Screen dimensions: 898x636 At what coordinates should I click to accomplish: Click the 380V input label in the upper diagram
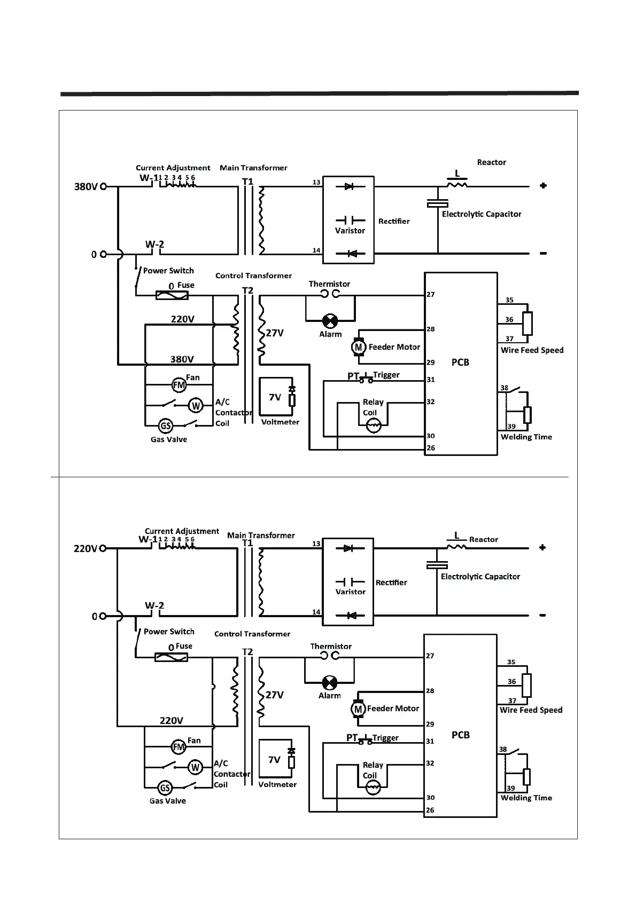[x=86, y=187]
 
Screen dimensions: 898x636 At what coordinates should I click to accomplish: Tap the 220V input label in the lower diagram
[x=86, y=548]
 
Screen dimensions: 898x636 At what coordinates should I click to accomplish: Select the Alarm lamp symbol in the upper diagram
[x=330, y=321]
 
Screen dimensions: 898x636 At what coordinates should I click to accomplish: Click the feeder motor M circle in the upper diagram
[x=358, y=347]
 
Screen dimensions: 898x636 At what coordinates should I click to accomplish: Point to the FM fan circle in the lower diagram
[x=179, y=746]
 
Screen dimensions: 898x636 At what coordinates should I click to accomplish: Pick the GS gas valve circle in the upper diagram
[x=166, y=426]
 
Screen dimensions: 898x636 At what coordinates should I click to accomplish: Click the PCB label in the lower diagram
[x=460, y=735]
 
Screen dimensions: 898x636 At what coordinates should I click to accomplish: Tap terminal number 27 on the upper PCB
[x=431, y=294]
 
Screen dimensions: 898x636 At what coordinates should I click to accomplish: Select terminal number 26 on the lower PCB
[x=430, y=810]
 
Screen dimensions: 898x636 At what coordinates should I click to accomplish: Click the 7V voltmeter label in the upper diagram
[x=275, y=397]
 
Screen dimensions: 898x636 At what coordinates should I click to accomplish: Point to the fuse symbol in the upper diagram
[x=172, y=295]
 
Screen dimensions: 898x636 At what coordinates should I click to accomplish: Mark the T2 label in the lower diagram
[x=247, y=652]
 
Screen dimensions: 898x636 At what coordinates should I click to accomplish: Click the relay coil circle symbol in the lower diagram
[x=372, y=787]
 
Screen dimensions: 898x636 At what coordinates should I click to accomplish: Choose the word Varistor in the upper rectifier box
[x=350, y=231]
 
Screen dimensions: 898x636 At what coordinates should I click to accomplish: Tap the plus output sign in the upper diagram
[x=543, y=186]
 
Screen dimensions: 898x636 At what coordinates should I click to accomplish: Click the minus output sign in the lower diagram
[x=542, y=615]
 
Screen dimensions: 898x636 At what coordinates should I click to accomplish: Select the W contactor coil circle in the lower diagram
[x=195, y=767]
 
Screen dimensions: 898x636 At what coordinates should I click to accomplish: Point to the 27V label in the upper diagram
[x=275, y=333]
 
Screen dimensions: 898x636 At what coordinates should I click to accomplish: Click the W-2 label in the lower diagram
[x=154, y=605]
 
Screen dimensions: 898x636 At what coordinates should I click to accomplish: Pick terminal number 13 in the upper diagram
[x=316, y=183]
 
